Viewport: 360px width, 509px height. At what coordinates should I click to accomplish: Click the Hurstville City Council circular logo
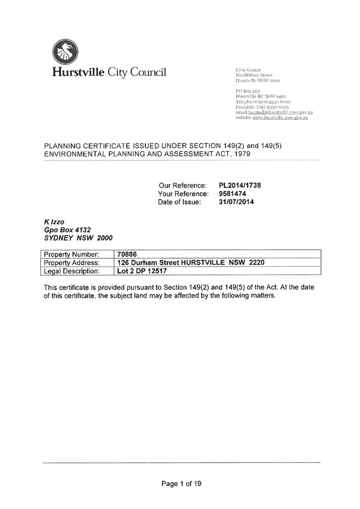(x=64, y=51)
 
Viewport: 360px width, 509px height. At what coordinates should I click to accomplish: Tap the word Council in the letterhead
(x=148, y=72)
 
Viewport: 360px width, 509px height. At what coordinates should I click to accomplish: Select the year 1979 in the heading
(x=241, y=154)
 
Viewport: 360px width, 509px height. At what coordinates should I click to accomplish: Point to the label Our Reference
(x=183, y=185)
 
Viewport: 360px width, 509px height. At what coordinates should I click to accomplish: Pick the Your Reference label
(x=183, y=194)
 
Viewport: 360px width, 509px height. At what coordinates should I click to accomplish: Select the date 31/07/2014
(x=236, y=202)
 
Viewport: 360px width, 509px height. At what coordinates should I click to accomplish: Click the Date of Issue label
(x=180, y=202)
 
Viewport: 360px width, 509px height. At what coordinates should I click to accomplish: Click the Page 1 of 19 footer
(x=181, y=484)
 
